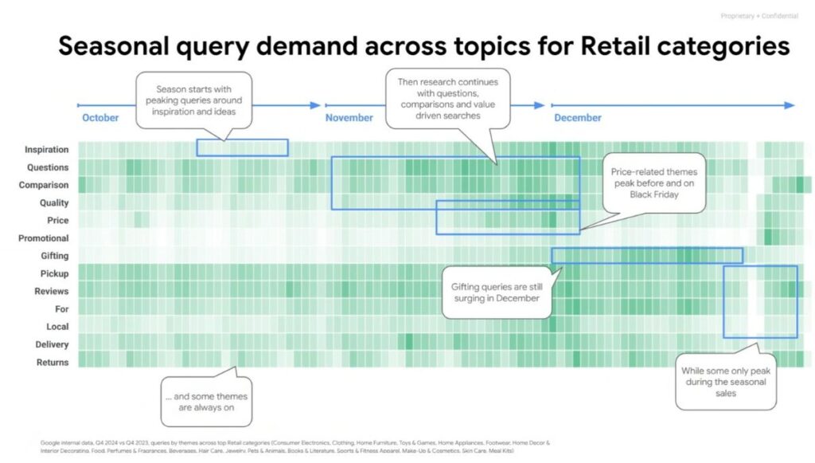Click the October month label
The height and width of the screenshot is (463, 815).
(x=100, y=118)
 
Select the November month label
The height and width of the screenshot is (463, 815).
(x=349, y=118)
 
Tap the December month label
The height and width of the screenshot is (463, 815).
(x=578, y=118)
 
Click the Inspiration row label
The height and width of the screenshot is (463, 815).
(x=46, y=150)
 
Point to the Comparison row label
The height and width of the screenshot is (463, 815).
(x=44, y=185)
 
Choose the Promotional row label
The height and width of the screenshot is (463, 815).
(x=43, y=238)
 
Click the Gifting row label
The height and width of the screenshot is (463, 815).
(x=54, y=256)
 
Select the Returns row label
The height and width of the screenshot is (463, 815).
(x=53, y=363)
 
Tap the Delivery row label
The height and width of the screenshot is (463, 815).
(x=52, y=345)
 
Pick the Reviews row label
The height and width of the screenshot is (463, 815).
(x=52, y=292)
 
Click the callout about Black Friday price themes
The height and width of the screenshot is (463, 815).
(x=653, y=182)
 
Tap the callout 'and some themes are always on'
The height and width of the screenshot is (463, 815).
(x=205, y=402)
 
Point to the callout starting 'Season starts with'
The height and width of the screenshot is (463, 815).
(x=193, y=100)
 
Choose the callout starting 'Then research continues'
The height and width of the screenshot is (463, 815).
(x=448, y=99)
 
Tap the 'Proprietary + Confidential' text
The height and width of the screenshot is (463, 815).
(x=758, y=16)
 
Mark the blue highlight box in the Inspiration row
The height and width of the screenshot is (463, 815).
(x=242, y=147)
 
